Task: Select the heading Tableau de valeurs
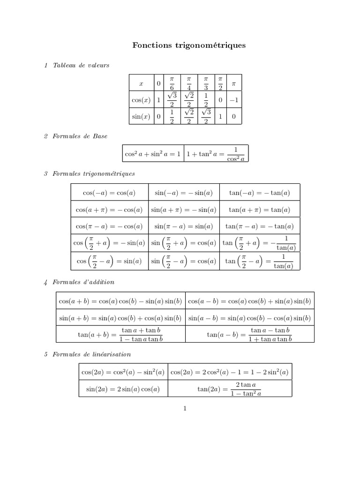pyautogui.click(x=81, y=65)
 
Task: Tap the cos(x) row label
pyautogui.click(x=141, y=100)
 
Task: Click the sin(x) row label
pyautogui.click(x=141, y=116)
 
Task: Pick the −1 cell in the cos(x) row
pyautogui.click(x=234, y=100)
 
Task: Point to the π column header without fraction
pyautogui.click(x=234, y=83)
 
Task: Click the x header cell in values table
pyautogui.click(x=141, y=83)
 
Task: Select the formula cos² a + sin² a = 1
pyautogui.click(x=152, y=153)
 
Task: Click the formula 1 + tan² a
pyautogui.click(x=216, y=153)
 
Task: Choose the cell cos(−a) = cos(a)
pyautogui.click(x=109, y=193)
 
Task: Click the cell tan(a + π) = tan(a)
pyautogui.click(x=259, y=210)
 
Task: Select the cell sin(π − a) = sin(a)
pyautogui.click(x=183, y=226)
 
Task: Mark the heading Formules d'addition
pyautogui.click(x=83, y=282)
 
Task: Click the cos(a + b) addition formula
pyautogui.click(x=120, y=300)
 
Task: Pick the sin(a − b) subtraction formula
pyautogui.click(x=249, y=318)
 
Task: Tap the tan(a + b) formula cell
pyautogui.click(x=120, y=335)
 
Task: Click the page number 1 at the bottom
pyautogui.click(x=185, y=409)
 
